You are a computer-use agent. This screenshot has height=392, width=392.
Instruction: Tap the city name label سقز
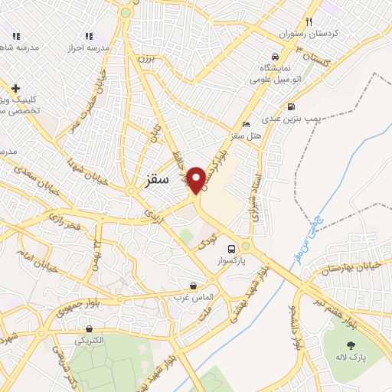point(155,181)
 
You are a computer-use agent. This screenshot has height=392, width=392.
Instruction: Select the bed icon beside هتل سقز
point(245,124)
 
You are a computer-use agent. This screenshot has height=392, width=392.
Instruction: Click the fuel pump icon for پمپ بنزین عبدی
point(290,106)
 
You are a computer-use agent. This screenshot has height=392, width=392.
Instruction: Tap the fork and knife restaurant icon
point(309,21)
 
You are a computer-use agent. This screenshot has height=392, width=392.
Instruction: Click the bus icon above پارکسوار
point(231,248)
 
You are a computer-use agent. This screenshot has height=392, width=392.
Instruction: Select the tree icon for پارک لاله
point(351,324)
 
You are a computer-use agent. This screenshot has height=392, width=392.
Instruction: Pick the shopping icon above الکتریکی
point(90,328)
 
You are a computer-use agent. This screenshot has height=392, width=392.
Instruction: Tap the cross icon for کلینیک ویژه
point(15,89)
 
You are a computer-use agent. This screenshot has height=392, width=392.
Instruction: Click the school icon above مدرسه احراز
point(89,35)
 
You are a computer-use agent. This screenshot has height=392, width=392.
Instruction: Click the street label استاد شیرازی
point(253,198)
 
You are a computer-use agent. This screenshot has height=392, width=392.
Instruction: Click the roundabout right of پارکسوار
point(246,246)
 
